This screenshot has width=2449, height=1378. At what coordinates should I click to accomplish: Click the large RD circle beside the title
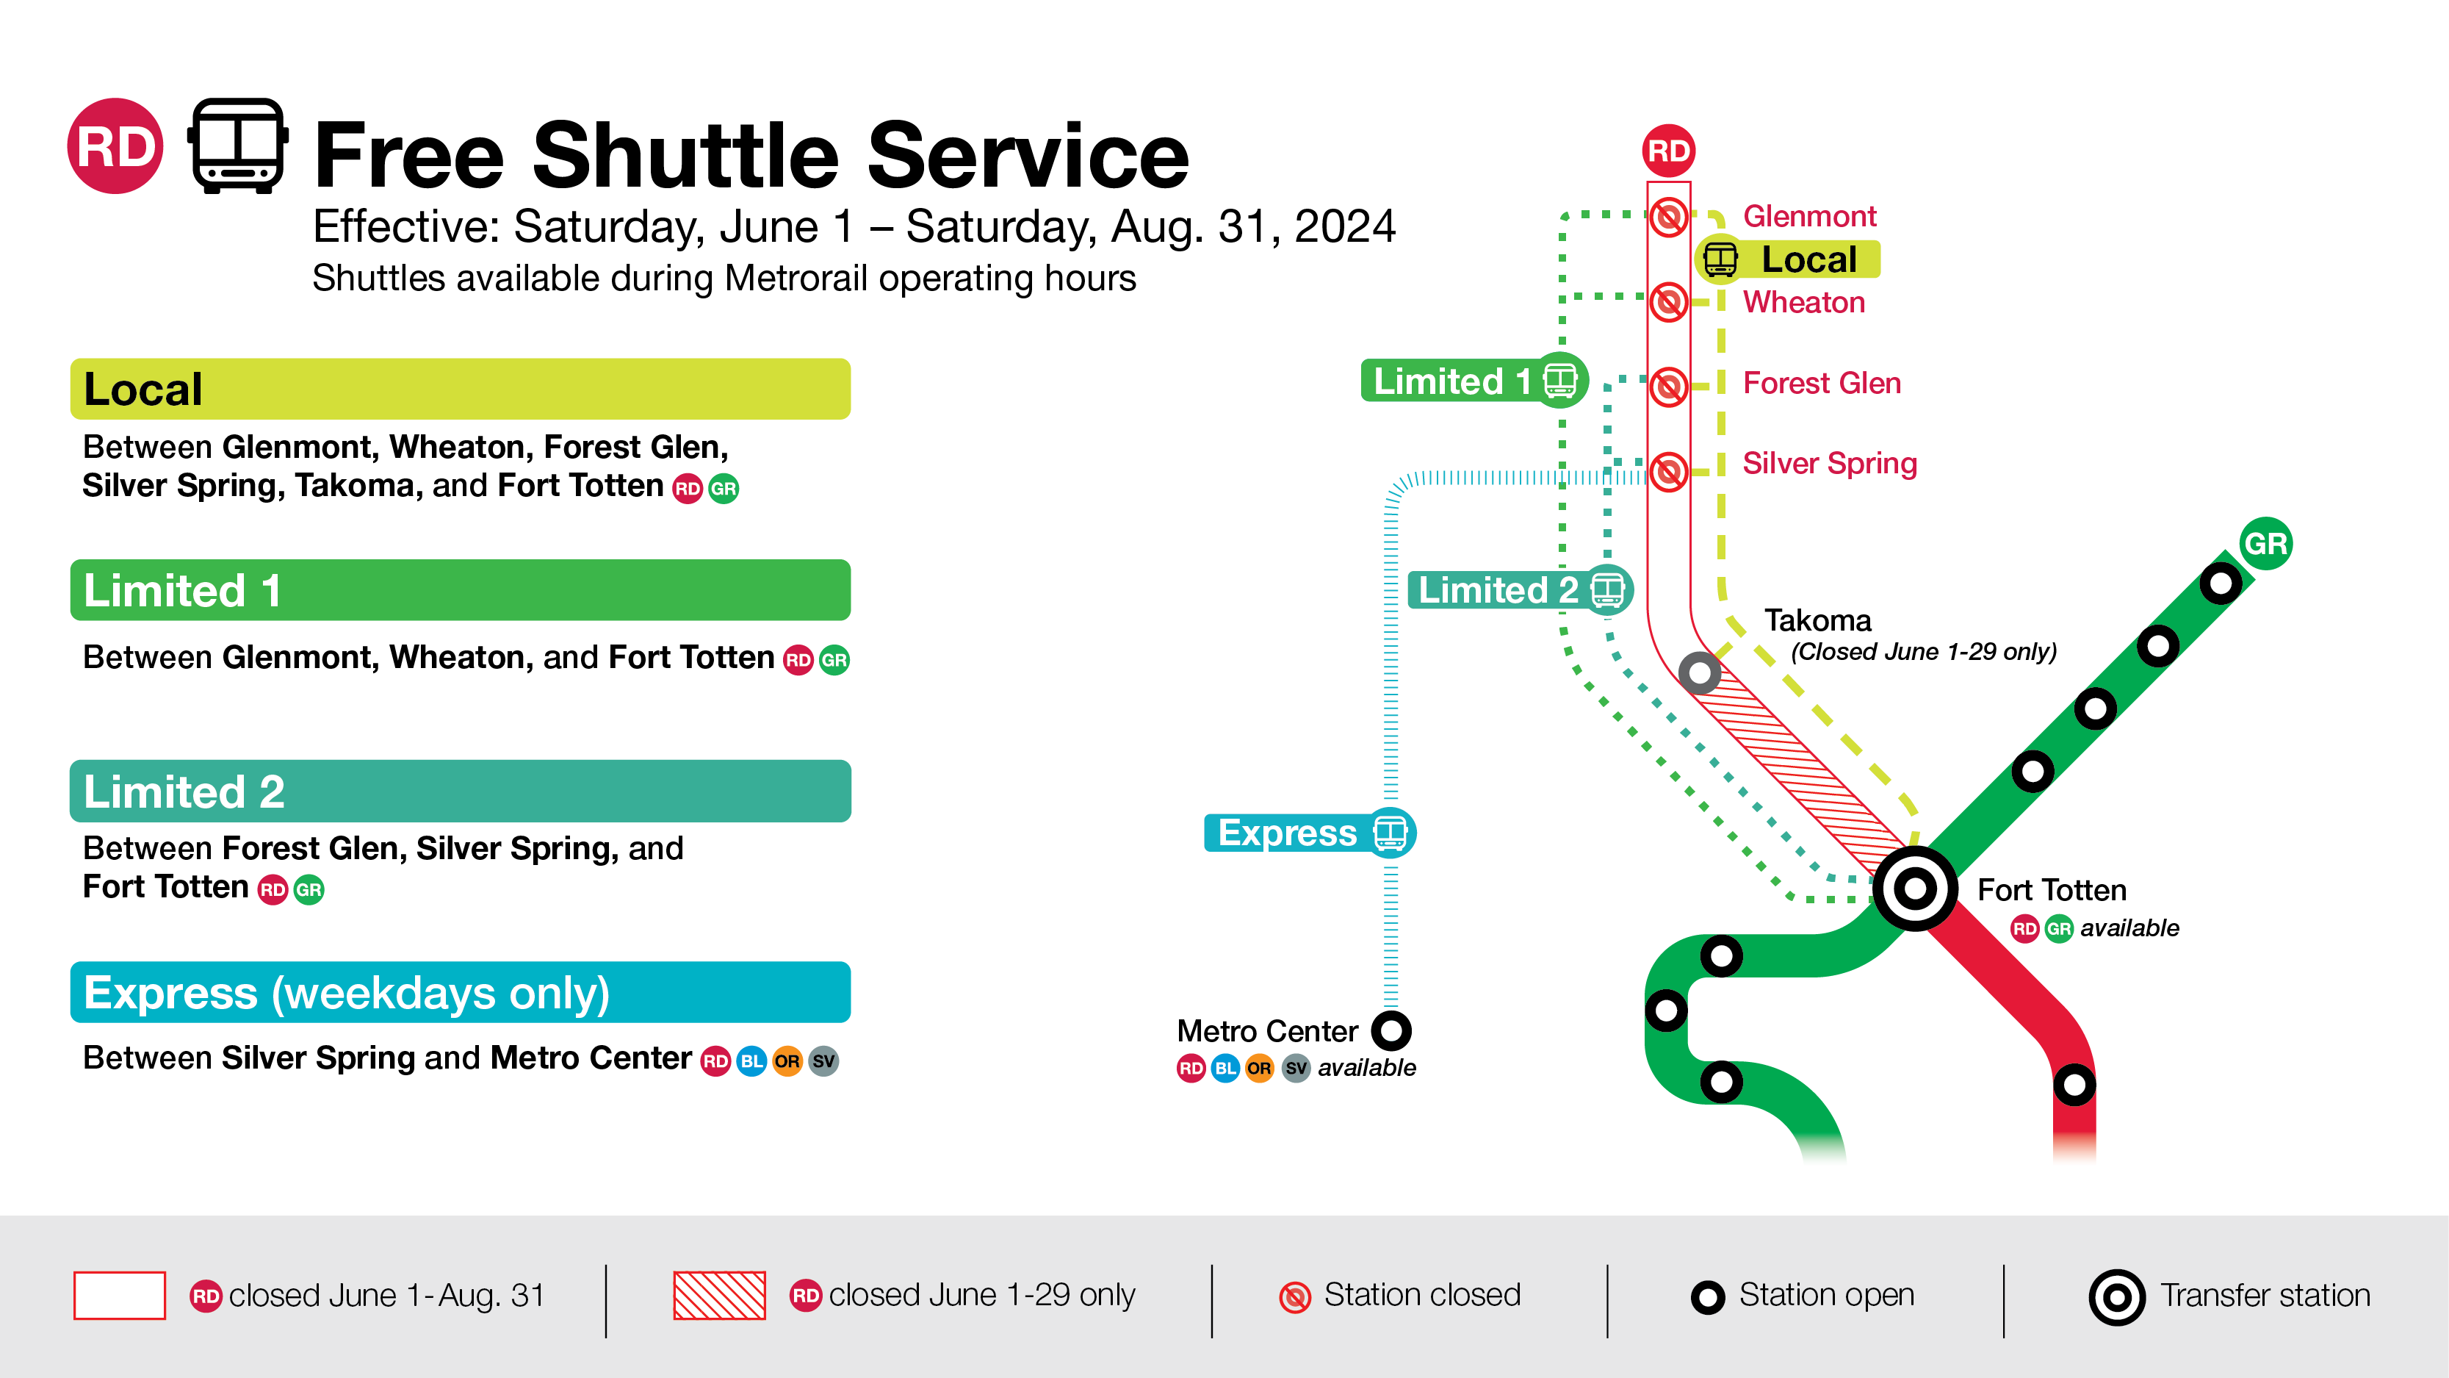point(115,146)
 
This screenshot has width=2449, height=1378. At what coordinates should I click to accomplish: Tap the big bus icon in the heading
point(238,146)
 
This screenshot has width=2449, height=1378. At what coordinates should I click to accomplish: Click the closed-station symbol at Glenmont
point(1668,217)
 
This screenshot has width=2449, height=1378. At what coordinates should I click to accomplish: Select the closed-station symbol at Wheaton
point(1668,302)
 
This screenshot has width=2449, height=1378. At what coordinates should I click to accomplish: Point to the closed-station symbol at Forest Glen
point(1668,386)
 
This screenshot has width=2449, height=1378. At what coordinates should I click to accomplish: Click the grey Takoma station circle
point(1699,673)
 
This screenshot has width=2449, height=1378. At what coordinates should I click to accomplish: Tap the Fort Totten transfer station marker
point(1915,889)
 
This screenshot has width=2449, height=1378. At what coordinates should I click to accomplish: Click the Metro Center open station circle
point(1391,1030)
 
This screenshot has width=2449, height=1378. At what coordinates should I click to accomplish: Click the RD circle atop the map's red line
point(1668,150)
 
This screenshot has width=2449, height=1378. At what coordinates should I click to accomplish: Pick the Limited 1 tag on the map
point(1474,381)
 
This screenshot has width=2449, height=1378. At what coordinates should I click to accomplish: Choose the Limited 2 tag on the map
point(1519,589)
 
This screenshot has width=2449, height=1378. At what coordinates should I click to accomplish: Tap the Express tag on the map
point(1309,833)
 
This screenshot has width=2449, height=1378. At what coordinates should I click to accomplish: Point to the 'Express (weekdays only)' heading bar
point(460,992)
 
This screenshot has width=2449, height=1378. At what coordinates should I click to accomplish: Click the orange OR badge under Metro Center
point(1259,1068)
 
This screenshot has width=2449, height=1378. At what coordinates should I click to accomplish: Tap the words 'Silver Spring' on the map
point(1829,463)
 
